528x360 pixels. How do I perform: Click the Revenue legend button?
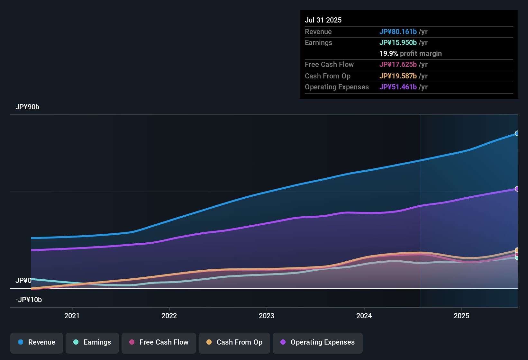(37, 342)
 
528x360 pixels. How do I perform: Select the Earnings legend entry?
(92, 342)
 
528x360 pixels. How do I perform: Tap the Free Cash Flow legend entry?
(159, 342)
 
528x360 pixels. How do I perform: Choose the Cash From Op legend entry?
(234, 342)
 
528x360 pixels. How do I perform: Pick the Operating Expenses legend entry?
(317, 342)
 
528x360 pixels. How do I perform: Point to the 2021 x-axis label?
(72, 316)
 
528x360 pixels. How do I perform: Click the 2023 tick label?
(267, 316)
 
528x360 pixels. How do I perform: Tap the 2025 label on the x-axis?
(461, 316)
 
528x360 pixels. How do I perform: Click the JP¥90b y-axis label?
(27, 107)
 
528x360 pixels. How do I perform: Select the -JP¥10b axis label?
(29, 300)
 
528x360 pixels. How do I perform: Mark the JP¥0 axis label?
(23, 281)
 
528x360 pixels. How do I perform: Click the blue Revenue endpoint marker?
(517, 133)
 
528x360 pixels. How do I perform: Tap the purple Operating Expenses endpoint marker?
(517, 189)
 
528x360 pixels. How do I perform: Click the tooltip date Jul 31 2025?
(323, 20)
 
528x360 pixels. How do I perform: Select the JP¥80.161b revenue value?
(398, 32)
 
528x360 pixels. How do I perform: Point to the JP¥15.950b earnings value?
(398, 42)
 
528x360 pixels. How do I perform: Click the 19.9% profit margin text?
(410, 53)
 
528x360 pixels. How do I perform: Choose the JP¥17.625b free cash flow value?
(398, 64)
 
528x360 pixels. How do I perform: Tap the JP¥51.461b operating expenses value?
(398, 87)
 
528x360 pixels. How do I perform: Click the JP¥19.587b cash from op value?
(398, 76)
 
